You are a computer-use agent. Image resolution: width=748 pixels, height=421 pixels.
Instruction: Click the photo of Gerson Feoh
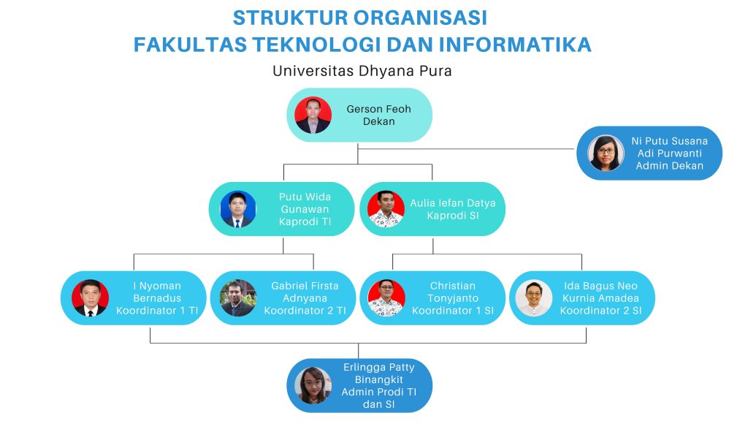(x=313, y=115)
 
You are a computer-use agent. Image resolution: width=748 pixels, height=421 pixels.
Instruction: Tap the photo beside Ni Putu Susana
(x=606, y=153)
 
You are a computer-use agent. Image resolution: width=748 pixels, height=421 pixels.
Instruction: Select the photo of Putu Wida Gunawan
(x=238, y=209)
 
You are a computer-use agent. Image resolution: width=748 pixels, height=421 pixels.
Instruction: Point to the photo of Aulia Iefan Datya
(x=386, y=209)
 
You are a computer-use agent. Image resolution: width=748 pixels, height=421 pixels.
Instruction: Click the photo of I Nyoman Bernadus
(x=91, y=298)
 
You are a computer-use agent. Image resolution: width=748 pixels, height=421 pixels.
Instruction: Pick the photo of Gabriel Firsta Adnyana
(x=238, y=298)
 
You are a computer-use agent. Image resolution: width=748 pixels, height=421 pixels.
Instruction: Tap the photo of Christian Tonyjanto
(x=386, y=298)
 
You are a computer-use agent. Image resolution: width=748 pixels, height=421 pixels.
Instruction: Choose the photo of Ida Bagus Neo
(x=534, y=298)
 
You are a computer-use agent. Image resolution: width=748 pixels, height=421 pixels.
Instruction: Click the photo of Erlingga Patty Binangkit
(x=313, y=385)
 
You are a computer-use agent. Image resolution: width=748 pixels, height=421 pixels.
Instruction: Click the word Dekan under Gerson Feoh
(x=378, y=121)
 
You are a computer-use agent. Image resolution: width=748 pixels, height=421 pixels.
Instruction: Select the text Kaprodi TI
(x=305, y=222)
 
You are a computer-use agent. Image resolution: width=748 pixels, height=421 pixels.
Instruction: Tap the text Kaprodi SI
(x=452, y=216)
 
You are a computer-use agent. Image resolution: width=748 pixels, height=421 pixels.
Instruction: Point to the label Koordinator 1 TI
(x=157, y=311)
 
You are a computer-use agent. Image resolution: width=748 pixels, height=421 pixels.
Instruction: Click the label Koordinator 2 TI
(x=305, y=311)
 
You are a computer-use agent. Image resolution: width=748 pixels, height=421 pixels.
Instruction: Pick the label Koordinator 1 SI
(x=452, y=311)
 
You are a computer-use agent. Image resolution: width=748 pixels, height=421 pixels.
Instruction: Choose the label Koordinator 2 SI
(x=600, y=311)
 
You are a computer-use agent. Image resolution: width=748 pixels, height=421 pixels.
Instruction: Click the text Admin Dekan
(x=669, y=166)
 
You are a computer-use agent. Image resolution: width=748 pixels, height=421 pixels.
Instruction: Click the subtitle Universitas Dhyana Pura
(x=362, y=71)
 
